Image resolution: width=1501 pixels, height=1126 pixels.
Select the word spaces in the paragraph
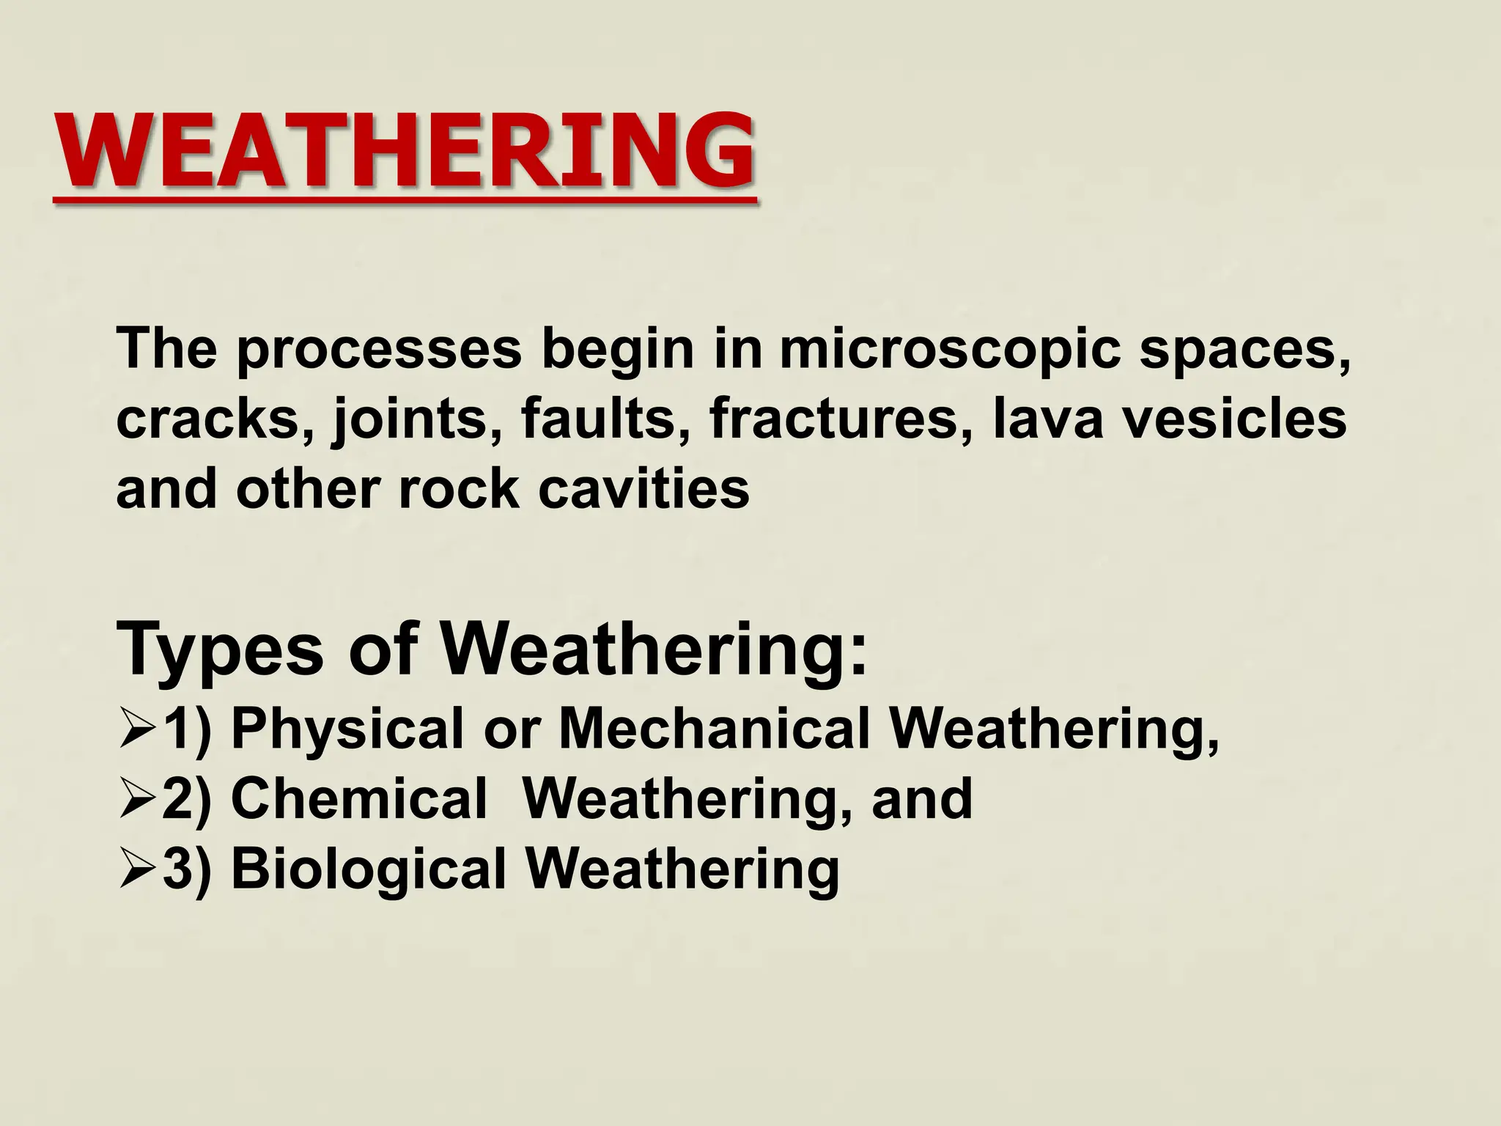(x=1245, y=350)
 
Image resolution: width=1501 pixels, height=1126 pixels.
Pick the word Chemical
(x=359, y=798)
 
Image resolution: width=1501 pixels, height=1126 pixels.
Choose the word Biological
(x=369, y=869)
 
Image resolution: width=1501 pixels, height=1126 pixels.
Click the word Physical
(x=347, y=729)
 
